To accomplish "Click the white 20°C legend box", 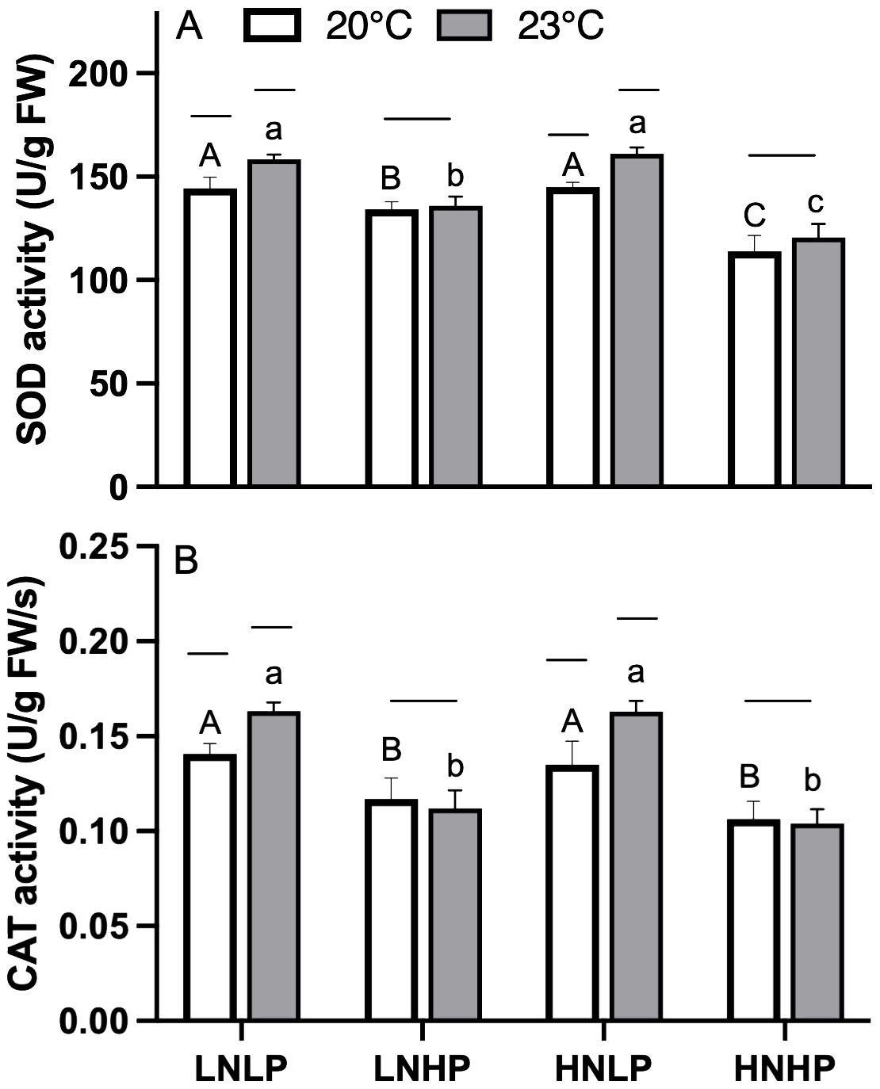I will pyautogui.click(x=274, y=25).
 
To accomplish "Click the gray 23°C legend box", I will pyautogui.click(x=465, y=25).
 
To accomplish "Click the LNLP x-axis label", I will pyautogui.click(x=241, y=1068).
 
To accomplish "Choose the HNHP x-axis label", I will pyautogui.click(x=784, y=1068).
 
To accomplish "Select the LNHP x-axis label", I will pyautogui.click(x=422, y=1068).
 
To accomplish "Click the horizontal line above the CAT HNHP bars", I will pyautogui.click(x=779, y=701).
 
